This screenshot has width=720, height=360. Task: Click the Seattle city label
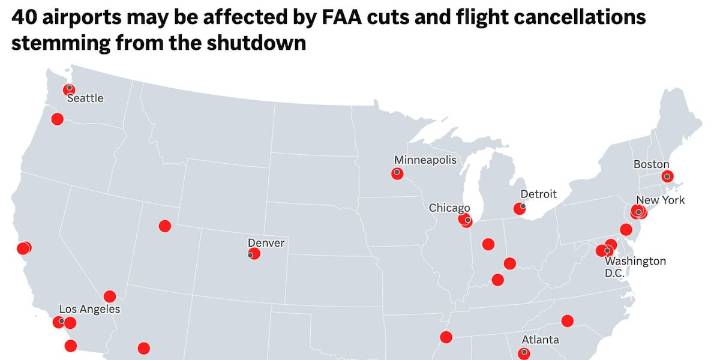(85, 98)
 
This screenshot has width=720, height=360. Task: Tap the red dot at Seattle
(69, 90)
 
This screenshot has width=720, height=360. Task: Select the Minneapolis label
(425, 160)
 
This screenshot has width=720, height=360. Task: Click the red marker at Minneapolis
(396, 173)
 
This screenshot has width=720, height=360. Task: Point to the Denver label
(266, 243)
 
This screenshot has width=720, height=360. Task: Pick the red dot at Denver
(254, 254)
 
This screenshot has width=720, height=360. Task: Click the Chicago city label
(449, 208)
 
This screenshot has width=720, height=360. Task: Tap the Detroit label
(538, 193)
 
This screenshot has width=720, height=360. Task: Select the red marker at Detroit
(519, 208)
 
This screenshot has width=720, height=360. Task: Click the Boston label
(651, 164)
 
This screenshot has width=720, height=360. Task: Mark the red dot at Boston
(668, 177)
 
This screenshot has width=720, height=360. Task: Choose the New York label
(660, 200)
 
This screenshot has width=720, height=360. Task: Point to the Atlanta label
(540, 340)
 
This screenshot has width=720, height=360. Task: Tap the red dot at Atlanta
(524, 353)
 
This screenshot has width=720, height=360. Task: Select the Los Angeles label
(90, 309)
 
